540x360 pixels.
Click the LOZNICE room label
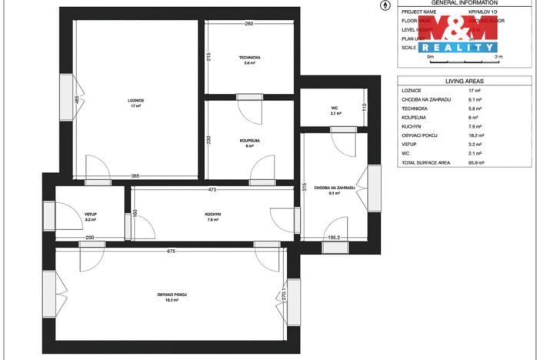[136, 101]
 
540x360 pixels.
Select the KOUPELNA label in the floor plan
[249, 141]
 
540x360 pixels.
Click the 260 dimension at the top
[249, 24]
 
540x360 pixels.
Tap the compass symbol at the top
[385, 5]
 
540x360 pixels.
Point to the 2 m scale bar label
[498, 57]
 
